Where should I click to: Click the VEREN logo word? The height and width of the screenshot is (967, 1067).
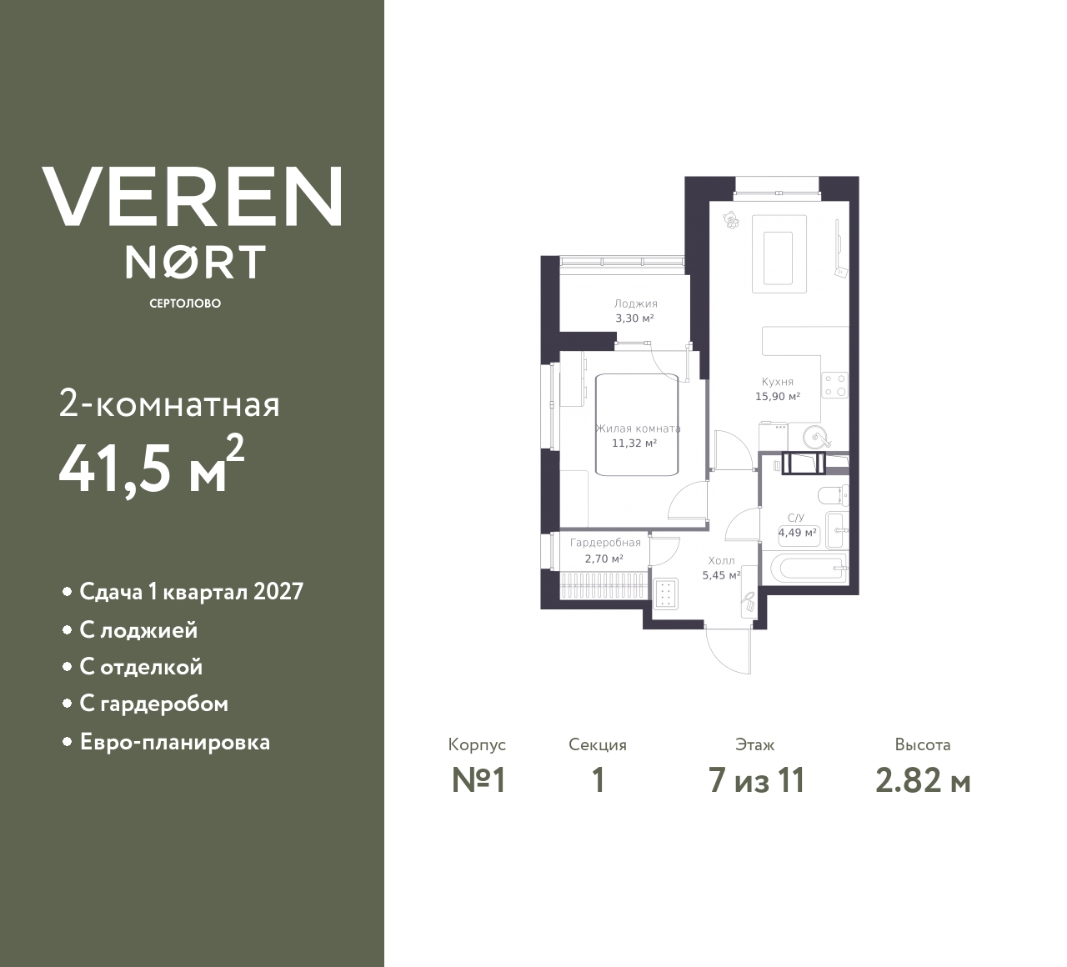point(192,197)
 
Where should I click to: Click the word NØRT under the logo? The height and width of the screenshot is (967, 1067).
point(195,262)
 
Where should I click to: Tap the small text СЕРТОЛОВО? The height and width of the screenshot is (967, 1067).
point(185,303)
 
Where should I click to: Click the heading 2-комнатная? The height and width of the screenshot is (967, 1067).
point(169,405)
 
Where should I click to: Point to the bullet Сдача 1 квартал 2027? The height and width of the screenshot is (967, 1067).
point(191,592)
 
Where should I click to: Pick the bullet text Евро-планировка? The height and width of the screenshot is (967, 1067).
point(174,742)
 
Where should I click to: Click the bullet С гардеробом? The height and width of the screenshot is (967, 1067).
point(153,704)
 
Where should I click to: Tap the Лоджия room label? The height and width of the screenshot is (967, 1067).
point(635,304)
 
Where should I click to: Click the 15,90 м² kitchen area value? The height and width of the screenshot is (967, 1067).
point(778,397)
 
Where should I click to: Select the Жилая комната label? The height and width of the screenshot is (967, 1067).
point(638,428)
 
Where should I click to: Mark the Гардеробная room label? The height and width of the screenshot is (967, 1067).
point(605,543)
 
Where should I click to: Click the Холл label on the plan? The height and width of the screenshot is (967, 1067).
point(721,561)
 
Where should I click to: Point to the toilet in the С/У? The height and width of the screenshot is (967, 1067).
point(834,498)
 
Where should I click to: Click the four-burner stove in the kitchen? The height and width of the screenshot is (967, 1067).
point(834,384)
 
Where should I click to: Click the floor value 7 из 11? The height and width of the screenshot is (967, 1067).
point(756,781)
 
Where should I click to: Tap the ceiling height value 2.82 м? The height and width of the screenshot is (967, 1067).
point(923,781)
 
